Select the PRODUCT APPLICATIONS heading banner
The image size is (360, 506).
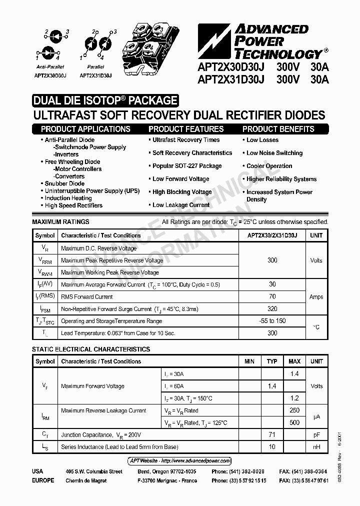(85, 129)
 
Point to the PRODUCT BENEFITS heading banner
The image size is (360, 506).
(278, 129)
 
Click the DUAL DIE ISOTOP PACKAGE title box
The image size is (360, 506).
(105, 100)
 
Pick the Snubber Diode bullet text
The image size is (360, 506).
(64, 183)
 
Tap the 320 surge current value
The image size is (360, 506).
(272, 309)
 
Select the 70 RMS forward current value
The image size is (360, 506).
(272, 296)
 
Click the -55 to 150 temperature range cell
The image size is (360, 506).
(272, 321)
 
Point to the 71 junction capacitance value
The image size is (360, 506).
(272, 435)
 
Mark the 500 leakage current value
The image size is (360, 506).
(294, 422)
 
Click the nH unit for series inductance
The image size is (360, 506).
(316, 447)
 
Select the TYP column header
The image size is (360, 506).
(272, 361)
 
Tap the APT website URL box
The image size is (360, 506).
(176, 460)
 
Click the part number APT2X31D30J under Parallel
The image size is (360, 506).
(95, 75)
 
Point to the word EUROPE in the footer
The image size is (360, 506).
(43, 480)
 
